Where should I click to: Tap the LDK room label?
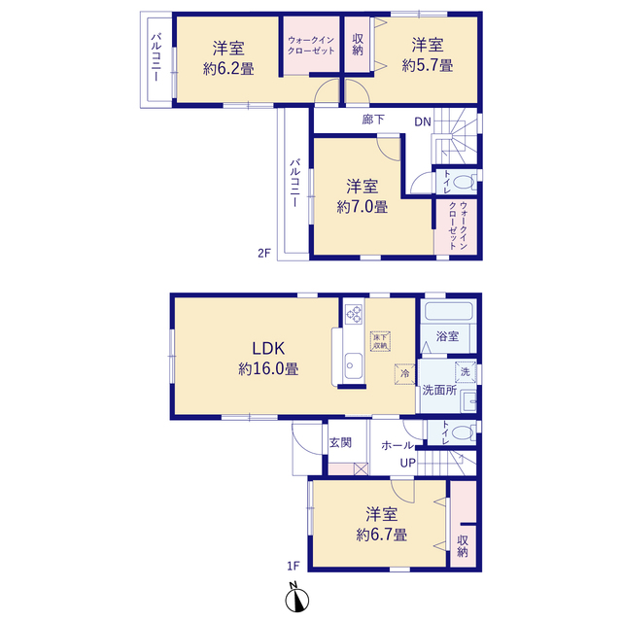pyautogui.click(x=268, y=349)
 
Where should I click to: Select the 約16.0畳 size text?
pyautogui.click(x=268, y=369)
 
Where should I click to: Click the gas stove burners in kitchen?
pyautogui.click(x=354, y=314)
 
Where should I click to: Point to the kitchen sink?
pyautogui.click(x=353, y=365)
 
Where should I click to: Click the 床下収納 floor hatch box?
pyautogui.click(x=380, y=341)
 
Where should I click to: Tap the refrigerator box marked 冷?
pyautogui.click(x=404, y=373)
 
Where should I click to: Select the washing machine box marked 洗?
pyautogui.click(x=466, y=371)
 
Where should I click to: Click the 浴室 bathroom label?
pyautogui.click(x=447, y=336)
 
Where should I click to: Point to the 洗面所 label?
pyautogui.click(x=439, y=390)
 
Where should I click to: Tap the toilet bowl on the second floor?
pyautogui.click(x=464, y=182)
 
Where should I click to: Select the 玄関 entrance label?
pyautogui.click(x=340, y=442)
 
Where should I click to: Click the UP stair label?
pyautogui.click(x=408, y=463)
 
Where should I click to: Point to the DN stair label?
pyautogui.click(x=423, y=121)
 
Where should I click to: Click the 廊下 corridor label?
pyautogui.click(x=373, y=120)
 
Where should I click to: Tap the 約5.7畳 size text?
pyautogui.click(x=428, y=65)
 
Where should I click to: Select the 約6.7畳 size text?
pyautogui.click(x=381, y=535)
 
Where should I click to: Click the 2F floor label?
pyautogui.click(x=264, y=253)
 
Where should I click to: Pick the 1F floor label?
pyautogui.click(x=294, y=566)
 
